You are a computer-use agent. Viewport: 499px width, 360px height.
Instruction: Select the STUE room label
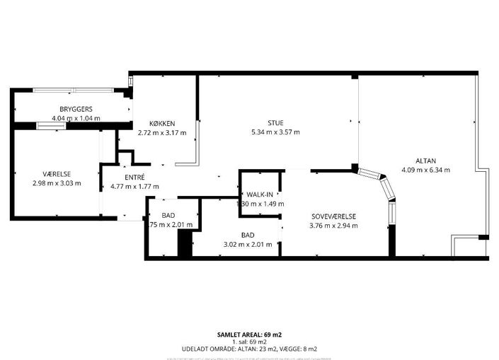(x=275, y=122)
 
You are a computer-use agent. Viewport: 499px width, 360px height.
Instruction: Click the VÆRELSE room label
(x=57, y=174)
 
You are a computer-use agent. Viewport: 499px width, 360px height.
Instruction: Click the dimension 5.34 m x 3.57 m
(x=275, y=132)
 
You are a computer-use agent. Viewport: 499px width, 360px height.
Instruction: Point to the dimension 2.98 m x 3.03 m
(x=57, y=184)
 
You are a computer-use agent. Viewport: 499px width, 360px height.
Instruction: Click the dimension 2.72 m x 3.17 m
(x=161, y=133)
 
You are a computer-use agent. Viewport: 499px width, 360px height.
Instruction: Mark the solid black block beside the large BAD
(x=185, y=245)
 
